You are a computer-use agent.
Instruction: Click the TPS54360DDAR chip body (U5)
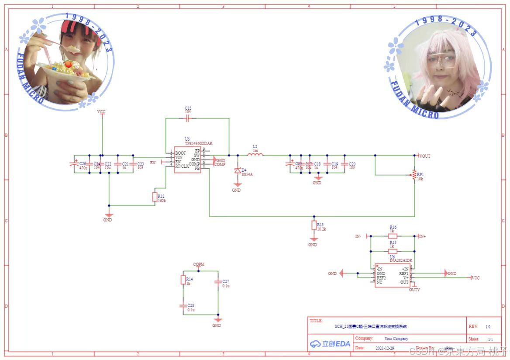click(187, 159)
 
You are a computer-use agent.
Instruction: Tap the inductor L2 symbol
click(255, 155)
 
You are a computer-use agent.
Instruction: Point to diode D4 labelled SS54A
click(238, 170)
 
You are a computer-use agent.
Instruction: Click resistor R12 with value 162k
click(155, 197)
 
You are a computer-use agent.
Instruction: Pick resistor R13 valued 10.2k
click(314, 225)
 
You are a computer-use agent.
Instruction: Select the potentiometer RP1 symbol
click(414, 175)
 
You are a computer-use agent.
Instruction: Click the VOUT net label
click(424, 156)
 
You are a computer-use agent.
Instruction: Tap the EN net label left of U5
click(153, 163)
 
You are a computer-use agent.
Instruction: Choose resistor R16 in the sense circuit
click(393, 236)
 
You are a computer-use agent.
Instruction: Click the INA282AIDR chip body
click(393, 275)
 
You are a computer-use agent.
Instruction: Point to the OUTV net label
click(414, 289)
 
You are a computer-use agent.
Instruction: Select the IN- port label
click(358, 236)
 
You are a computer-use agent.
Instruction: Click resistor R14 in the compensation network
click(183, 280)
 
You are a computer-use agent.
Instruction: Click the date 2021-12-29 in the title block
click(385, 348)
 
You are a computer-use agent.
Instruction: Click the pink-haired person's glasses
click(443, 59)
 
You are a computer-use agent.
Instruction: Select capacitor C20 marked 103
click(344, 164)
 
